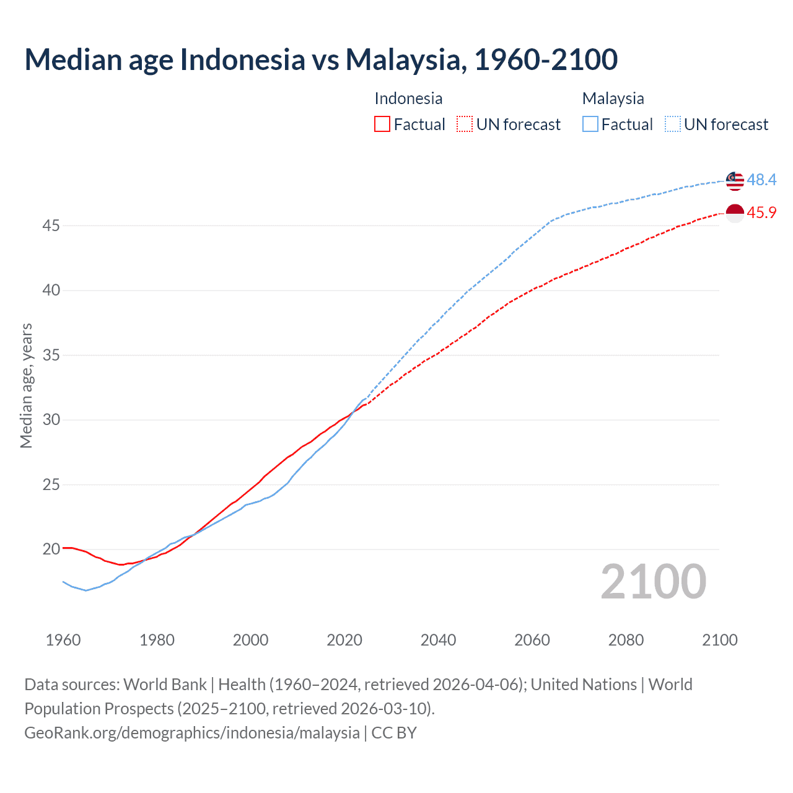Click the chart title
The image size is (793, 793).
coord(321,59)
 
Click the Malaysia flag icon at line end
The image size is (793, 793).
coord(735,180)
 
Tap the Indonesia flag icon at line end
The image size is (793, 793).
coord(735,213)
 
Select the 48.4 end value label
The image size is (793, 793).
coord(761,180)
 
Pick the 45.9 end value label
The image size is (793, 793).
coord(761,213)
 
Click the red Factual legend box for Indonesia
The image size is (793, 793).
coord(382,125)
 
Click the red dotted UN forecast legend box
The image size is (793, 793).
coord(465,125)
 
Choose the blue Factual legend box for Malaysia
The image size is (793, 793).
coord(590,125)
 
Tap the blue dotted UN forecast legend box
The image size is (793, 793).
coord(673,125)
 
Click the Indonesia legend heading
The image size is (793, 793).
coord(408,99)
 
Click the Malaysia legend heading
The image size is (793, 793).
coord(613,99)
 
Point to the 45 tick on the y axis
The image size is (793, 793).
coord(51,226)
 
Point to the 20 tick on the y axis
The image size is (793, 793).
coord(51,550)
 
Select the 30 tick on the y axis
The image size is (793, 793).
coord(51,420)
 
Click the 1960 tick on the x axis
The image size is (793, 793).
coord(63,640)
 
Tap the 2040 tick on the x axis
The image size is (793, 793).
coord(438,640)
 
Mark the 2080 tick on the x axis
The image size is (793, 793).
coord(626,640)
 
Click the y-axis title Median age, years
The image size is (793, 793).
coord(26,385)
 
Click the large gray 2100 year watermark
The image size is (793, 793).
coord(653,582)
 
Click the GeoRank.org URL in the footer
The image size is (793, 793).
coord(192,733)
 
